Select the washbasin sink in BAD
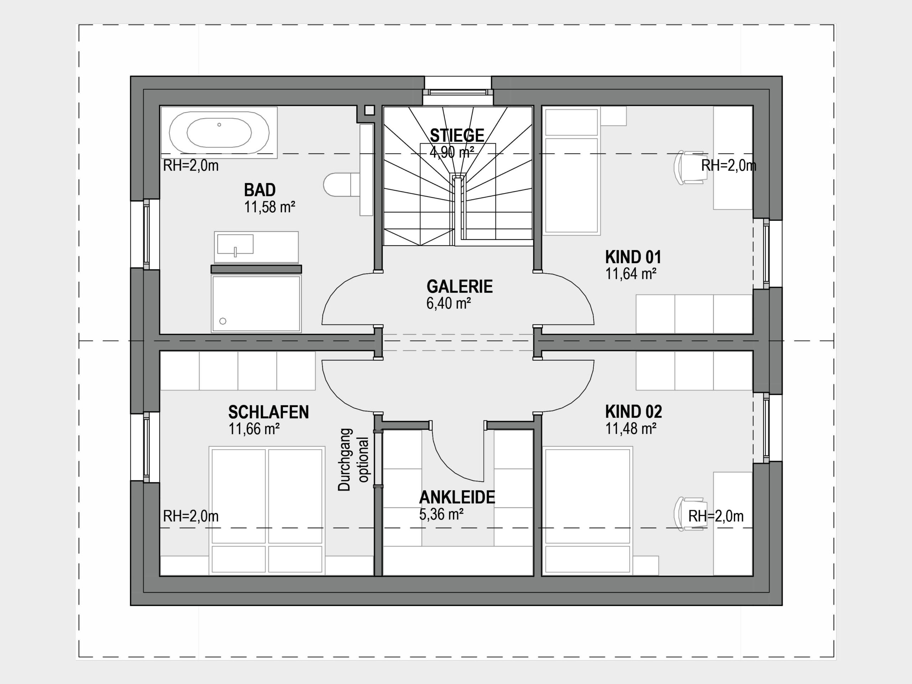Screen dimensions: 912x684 [x=235, y=244]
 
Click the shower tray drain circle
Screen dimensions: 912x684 [x=223, y=321]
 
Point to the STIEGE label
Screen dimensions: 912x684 [x=457, y=135]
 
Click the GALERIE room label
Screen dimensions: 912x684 [x=459, y=286]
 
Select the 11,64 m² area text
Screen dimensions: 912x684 [x=631, y=274]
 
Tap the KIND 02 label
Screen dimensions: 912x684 [x=633, y=411]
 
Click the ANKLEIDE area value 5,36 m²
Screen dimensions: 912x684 [x=441, y=514]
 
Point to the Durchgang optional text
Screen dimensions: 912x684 [x=353, y=460]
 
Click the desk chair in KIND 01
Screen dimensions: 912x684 [x=689, y=167]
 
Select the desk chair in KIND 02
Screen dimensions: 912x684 [x=689, y=514]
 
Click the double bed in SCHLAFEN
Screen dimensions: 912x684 [x=267, y=511]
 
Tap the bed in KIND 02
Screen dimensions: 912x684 [x=587, y=511]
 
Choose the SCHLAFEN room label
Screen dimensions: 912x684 [x=268, y=412]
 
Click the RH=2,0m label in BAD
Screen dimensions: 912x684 [x=191, y=166]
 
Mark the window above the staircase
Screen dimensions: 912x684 [x=458, y=92]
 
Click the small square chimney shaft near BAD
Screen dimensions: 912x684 [x=369, y=110]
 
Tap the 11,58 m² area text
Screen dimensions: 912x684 [x=270, y=207]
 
